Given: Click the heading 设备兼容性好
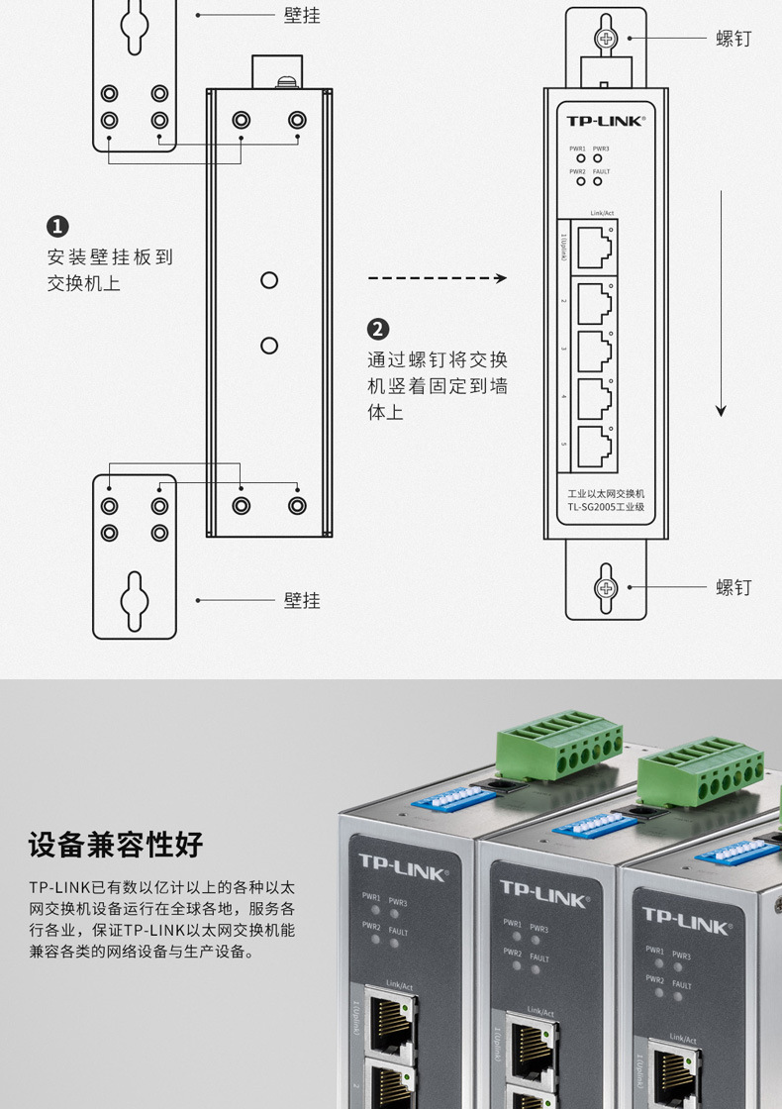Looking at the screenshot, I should (x=116, y=845).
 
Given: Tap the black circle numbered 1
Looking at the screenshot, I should (x=58, y=226).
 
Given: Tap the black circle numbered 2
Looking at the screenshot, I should (x=378, y=329).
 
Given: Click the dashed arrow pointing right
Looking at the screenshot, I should (x=437, y=279).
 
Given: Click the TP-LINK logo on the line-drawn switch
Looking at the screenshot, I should (x=605, y=121).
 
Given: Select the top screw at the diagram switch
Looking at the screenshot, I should (x=605, y=39).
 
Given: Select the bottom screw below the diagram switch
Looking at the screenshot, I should (x=605, y=587).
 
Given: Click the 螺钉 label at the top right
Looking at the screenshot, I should (x=733, y=39).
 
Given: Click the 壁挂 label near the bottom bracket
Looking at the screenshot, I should (x=302, y=600).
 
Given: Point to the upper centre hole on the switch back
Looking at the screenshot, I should (x=269, y=280).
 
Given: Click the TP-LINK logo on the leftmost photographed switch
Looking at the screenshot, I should (x=402, y=867).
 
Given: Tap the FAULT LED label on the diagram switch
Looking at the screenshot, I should (x=601, y=172).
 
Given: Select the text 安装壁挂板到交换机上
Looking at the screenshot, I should (x=110, y=270).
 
